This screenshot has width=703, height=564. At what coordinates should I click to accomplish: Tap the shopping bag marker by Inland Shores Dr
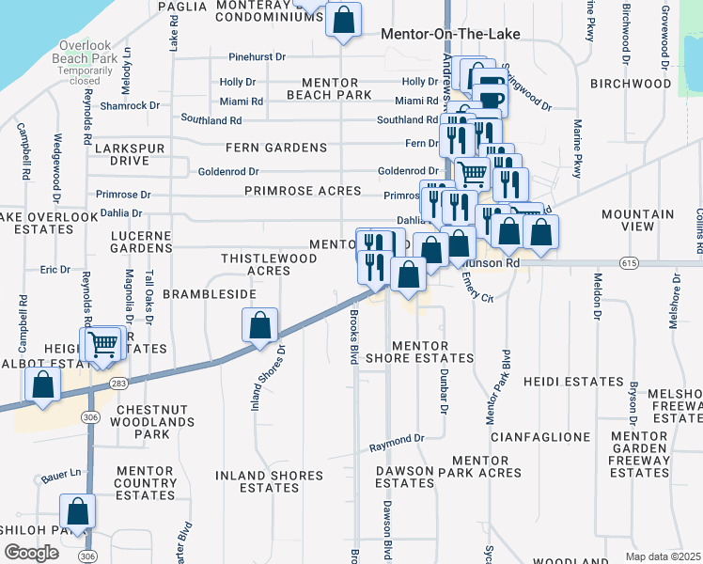(260, 325)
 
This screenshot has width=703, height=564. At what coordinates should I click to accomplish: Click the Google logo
(31, 553)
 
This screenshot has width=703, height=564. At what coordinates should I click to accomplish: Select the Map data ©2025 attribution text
(662, 556)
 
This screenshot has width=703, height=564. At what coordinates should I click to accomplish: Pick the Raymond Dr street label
(397, 440)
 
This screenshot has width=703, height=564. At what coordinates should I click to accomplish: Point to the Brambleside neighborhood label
(210, 294)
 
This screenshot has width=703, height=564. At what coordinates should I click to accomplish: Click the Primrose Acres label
(302, 191)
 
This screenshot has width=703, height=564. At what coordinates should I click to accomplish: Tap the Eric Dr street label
(55, 270)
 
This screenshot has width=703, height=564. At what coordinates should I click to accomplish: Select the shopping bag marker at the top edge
(344, 19)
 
